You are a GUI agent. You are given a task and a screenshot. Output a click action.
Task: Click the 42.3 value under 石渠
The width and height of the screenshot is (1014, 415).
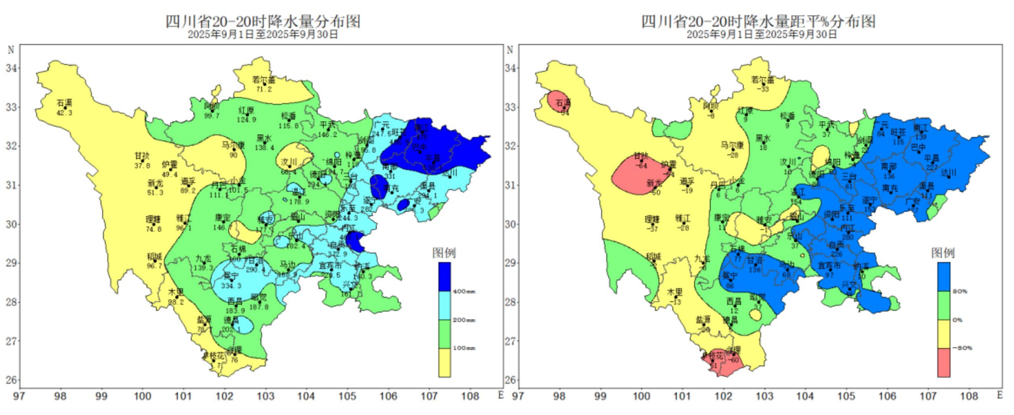click(x=64, y=113)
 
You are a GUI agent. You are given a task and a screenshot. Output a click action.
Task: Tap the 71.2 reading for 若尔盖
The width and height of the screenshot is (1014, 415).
click(x=264, y=89)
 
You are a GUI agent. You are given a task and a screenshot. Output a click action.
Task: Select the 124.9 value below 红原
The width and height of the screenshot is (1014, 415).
click(x=246, y=119)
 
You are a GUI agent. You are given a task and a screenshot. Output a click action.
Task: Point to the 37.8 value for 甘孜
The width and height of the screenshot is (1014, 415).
click(x=142, y=165)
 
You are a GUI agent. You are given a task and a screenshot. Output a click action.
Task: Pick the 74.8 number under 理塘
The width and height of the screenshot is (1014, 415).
click(x=153, y=229)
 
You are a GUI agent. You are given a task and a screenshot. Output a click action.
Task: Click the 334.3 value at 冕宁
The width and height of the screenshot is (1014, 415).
click(x=231, y=286)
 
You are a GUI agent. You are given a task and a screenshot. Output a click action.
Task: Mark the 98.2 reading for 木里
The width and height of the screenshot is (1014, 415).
click(x=176, y=302)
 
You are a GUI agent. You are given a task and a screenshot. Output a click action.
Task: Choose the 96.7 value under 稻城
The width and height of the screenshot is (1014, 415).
click(x=154, y=266)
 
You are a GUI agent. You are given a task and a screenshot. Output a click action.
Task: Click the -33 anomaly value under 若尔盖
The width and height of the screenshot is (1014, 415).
click(x=763, y=89)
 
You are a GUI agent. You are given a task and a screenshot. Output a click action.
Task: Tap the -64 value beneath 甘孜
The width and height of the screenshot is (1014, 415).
click(x=641, y=165)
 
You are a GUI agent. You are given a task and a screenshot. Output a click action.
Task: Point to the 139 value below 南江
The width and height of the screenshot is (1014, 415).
click(x=920, y=138)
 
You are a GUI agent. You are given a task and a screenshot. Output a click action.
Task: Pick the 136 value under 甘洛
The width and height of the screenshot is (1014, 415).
click(x=755, y=270)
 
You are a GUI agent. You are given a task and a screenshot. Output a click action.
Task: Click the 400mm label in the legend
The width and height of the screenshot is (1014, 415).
click(x=463, y=292)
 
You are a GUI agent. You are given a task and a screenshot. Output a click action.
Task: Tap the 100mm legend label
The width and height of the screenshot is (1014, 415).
click(x=463, y=348)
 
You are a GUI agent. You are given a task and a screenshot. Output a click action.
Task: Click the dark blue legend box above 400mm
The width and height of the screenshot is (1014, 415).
click(x=444, y=277)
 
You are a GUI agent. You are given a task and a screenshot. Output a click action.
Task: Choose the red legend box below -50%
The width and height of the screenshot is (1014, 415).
click(x=944, y=363)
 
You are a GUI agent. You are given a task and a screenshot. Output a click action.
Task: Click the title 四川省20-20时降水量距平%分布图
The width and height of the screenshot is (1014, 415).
click(x=758, y=21)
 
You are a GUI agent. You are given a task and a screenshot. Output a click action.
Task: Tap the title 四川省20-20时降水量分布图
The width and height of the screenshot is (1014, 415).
click(x=263, y=21)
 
